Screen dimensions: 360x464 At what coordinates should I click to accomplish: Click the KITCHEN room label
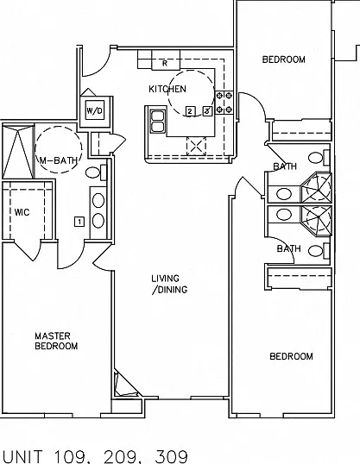[x=167, y=89]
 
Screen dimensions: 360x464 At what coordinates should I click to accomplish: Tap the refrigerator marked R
[x=166, y=60]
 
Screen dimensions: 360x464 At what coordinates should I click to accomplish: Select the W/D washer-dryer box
[x=95, y=110]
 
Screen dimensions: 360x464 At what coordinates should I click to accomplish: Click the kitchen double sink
[x=158, y=121]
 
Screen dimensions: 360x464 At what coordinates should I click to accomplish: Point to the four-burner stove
[x=224, y=103]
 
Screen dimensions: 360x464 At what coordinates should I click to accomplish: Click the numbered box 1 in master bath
[x=79, y=222]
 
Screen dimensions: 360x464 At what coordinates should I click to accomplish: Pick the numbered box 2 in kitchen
[x=190, y=111]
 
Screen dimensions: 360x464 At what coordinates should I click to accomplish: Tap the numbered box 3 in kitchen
[x=207, y=111]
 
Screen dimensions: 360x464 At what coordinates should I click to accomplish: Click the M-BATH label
[x=59, y=160]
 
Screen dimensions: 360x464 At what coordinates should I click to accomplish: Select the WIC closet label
[x=22, y=212]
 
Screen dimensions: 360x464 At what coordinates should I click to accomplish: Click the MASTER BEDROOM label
[x=56, y=341]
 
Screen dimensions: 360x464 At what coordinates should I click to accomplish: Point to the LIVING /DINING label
[x=169, y=284]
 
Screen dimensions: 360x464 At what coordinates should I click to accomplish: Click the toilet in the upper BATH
[x=319, y=158]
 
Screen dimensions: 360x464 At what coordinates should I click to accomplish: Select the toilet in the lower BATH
[x=319, y=251]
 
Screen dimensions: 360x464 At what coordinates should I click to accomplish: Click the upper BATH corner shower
[x=316, y=187]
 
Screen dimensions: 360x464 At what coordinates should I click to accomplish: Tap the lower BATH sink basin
[x=284, y=214]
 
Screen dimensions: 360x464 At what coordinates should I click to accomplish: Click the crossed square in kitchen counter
[x=196, y=146]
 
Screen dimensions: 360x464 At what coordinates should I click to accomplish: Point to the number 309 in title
[x=172, y=456]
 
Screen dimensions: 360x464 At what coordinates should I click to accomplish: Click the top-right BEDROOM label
[x=283, y=60]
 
